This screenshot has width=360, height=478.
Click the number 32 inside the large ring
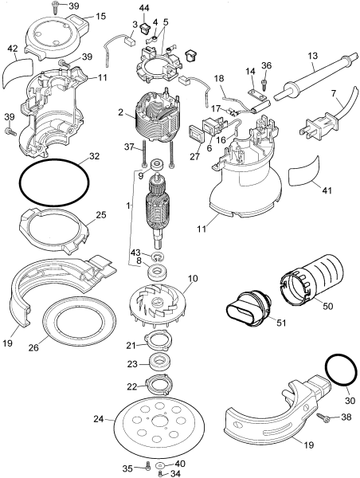pos(95,157)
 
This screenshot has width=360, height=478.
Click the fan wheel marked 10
pos(151,308)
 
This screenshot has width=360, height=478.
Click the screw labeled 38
pos(324,416)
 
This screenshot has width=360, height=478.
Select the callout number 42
pos(12,49)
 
